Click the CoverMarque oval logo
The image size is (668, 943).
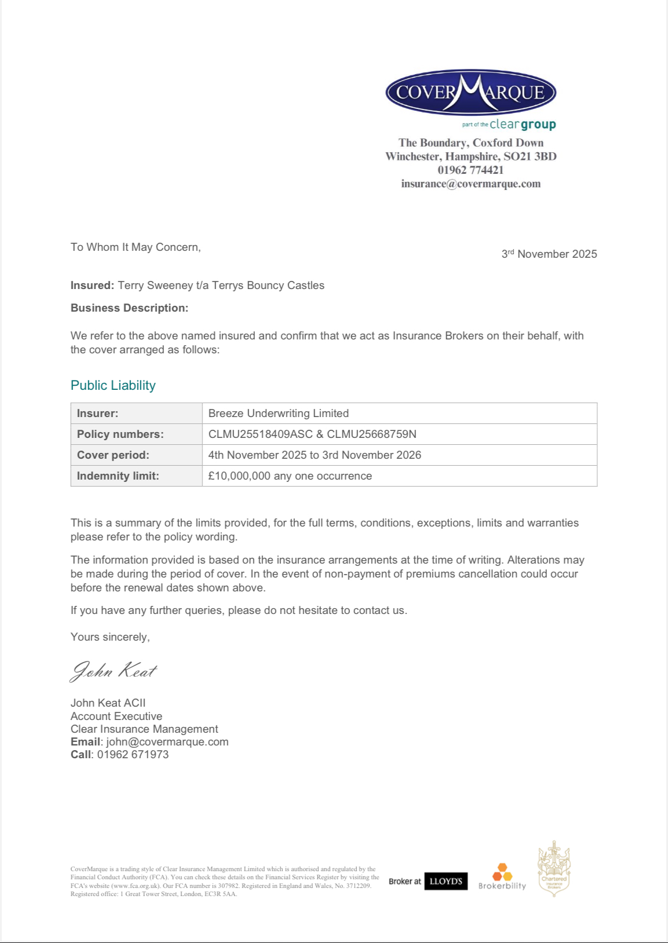(x=470, y=93)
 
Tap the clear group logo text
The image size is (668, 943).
(x=522, y=124)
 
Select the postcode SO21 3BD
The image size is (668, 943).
(x=530, y=156)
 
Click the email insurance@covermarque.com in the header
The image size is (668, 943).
(x=470, y=184)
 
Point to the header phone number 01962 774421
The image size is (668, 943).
(x=470, y=170)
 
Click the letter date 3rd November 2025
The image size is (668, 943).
(x=549, y=254)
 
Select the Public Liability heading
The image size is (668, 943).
(x=113, y=385)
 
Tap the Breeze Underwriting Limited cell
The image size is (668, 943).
(x=279, y=413)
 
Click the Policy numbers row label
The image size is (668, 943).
(x=121, y=434)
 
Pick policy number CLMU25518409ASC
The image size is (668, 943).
(x=261, y=434)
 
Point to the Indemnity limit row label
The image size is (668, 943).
(x=118, y=476)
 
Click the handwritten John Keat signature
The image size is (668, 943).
(x=114, y=671)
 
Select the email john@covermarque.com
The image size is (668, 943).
(x=167, y=741)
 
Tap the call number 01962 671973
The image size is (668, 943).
(x=133, y=754)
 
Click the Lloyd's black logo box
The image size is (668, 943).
(x=446, y=881)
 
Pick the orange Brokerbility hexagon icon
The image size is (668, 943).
(x=502, y=872)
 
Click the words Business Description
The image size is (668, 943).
(x=129, y=308)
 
